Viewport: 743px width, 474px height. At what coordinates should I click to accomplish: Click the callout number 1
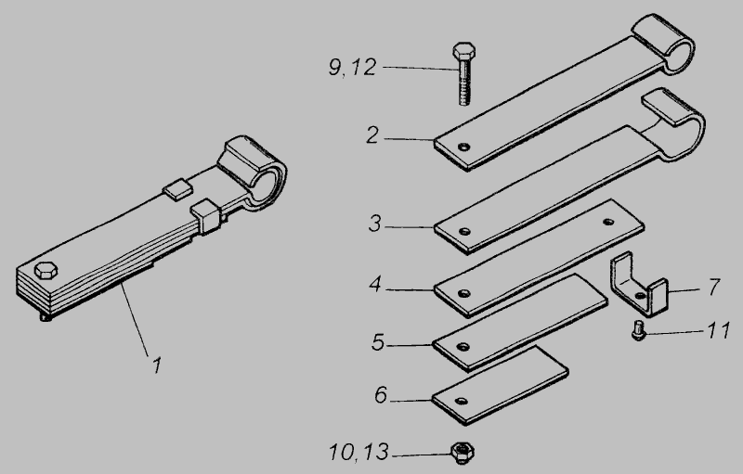pyautogui.click(x=157, y=365)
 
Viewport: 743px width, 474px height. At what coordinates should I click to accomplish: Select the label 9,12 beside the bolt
pyautogui.click(x=353, y=67)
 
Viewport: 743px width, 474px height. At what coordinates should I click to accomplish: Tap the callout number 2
pyautogui.click(x=372, y=135)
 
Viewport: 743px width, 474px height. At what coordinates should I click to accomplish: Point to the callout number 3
pyautogui.click(x=375, y=224)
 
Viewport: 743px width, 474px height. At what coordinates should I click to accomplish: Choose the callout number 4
pyautogui.click(x=375, y=284)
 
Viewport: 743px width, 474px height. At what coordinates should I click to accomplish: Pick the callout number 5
pyautogui.click(x=378, y=342)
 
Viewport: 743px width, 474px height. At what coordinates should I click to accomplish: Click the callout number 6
pyautogui.click(x=381, y=395)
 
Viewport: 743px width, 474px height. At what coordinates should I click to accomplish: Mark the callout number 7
pyautogui.click(x=714, y=288)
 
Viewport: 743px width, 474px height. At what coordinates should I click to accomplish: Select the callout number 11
pyautogui.click(x=718, y=330)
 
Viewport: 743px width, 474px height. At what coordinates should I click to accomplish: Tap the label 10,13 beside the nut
pyautogui.click(x=358, y=452)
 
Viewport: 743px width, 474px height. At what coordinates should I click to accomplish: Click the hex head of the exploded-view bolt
pyautogui.click(x=463, y=51)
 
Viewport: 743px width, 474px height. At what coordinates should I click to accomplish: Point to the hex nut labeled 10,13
pyautogui.click(x=462, y=452)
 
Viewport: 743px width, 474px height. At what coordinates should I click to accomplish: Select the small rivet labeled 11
pyautogui.click(x=639, y=330)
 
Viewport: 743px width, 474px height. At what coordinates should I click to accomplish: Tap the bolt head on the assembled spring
pyautogui.click(x=46, y=271)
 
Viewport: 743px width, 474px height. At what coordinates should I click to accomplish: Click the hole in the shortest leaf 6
pyautogui.click(x=461, y=402)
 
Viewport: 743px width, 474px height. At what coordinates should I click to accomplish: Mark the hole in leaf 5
pyautogui.click(x=463, y=347)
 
